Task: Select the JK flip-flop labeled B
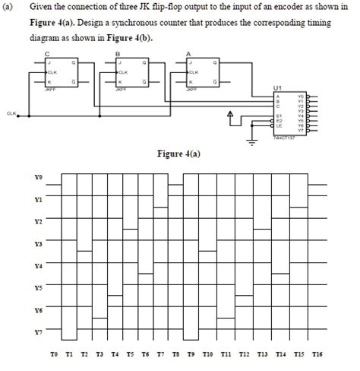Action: [130, 74]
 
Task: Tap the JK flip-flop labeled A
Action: [200, 74]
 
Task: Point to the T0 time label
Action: [53, 355]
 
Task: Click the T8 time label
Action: [177, 355]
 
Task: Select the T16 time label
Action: [317, 355]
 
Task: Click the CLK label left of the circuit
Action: [11, 115]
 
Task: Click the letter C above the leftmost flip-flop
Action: [48, 53]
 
